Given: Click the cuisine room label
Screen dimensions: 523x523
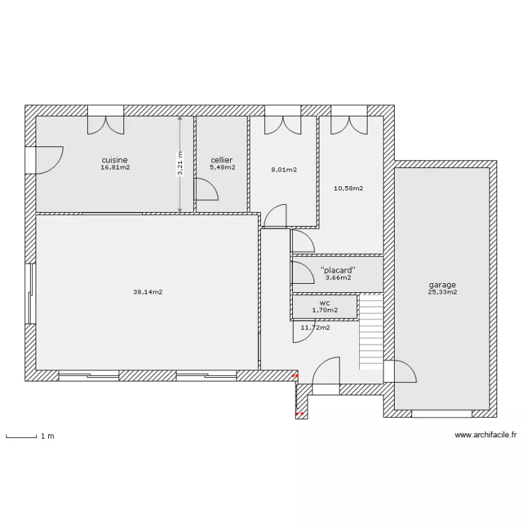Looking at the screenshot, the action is (115, 160).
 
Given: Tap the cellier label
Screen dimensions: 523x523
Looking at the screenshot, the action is (222, 160).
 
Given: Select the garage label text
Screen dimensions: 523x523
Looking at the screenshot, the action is (442, 285).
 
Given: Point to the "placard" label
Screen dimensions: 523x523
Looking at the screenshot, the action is (338, 270).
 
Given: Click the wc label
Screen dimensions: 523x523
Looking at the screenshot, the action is (324, 303).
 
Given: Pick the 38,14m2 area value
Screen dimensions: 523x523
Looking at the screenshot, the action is (148, 292).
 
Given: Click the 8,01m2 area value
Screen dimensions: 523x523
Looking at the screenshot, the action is (284, 169).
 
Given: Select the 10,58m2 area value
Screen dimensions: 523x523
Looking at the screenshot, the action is (348, 188).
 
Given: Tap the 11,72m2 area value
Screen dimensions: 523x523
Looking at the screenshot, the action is (315, 328).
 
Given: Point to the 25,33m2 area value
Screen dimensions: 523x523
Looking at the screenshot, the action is (442, 292).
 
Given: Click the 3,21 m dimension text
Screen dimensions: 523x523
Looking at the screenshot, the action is (180, 163).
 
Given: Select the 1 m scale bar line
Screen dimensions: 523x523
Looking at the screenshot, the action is (22, 437).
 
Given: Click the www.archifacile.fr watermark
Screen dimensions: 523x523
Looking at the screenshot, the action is (485, 435).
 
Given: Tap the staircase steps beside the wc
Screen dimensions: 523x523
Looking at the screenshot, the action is (371, 332).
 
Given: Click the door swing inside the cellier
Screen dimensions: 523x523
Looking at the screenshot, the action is (206, 189).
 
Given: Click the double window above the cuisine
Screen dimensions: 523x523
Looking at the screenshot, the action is (106, 120).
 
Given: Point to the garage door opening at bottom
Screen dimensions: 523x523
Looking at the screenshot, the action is (442, 414).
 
